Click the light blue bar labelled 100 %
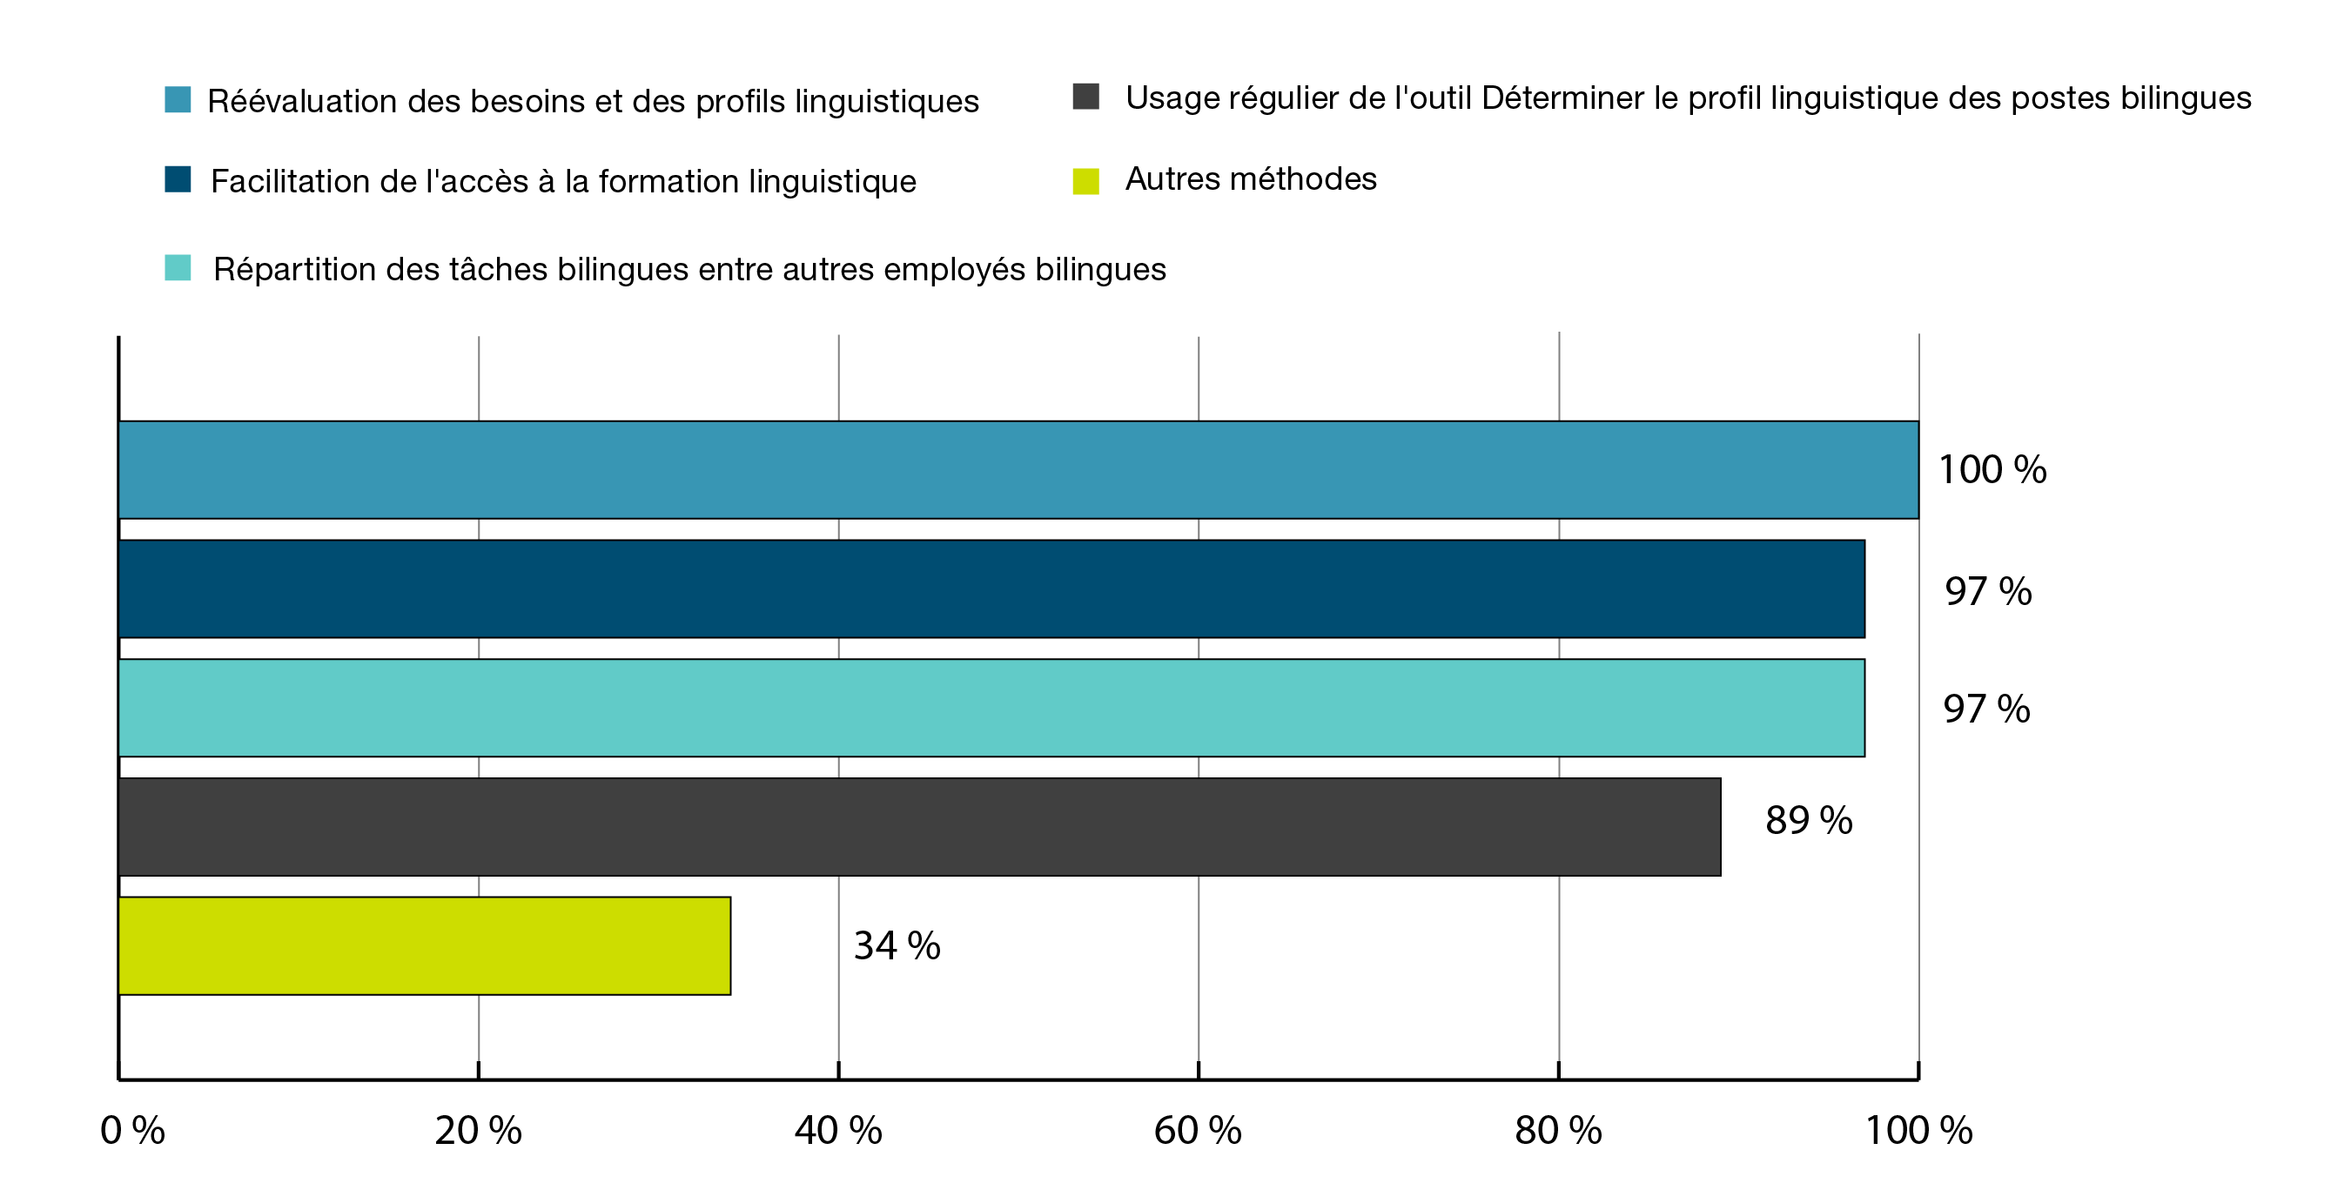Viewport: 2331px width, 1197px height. point(1018,469)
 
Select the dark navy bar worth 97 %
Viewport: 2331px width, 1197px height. point(991,589)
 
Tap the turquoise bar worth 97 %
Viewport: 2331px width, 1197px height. point(991,708)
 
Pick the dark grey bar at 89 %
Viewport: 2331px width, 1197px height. point(919,827)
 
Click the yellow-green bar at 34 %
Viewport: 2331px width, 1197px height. point(425,945)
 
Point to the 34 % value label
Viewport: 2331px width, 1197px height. point(897,946)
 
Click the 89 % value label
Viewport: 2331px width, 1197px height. point(1808,822)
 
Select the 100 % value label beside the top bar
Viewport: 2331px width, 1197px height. point(1992,470)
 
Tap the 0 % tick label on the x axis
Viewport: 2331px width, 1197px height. point(132,1131)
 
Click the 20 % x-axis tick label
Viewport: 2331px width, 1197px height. point(478,1131)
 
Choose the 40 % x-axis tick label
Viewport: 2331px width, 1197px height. point(838,1131)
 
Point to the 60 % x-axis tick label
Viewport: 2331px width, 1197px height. point(1197,1131)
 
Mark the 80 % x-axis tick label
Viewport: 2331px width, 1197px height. point(1557,1131)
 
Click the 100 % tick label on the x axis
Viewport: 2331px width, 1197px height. point(1918,1131)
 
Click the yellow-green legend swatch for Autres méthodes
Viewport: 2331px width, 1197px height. point(1086,181)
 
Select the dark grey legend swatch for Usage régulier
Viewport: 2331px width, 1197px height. point(1086,97)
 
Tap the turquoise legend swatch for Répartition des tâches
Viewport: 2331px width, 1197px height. point(178,268)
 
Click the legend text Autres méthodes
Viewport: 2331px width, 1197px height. point(1251,179)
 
